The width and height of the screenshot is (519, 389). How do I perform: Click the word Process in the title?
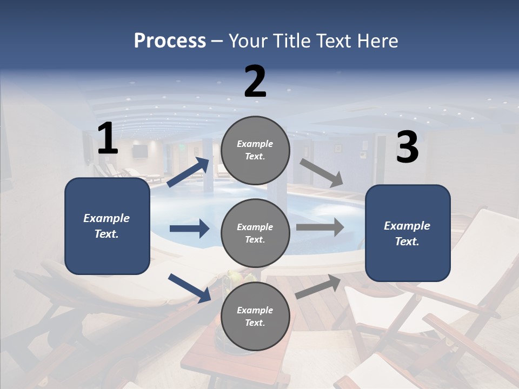pyautogui.click(x=170, y=41)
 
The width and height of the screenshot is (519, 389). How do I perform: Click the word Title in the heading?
pyautogui.click(x=292, y=41)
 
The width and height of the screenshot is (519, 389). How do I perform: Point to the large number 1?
pyautogui.click(x=108, y=139)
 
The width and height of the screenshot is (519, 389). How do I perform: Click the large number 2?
pyautogui.click(x=255, y=82)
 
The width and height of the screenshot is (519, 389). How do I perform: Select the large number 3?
pyautogui.click(x=407, y=147)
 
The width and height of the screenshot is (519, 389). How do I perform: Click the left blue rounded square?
pyautogui.click(x=107, y=226)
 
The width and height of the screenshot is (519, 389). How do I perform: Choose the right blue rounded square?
pyautogui.click(x=408, y=233)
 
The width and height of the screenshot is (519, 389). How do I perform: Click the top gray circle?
pyautogui.click(x=255, y=150)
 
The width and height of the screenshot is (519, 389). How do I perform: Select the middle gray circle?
pyautogui.click(x=255, y=233)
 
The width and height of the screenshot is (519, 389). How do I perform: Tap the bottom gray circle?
pyautogui.click(x=255, y=316)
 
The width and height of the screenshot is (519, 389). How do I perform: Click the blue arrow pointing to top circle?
pyautogui.click(x=188, y=172)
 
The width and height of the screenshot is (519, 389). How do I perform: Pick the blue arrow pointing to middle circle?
pyautogui.click(x=189, y=229)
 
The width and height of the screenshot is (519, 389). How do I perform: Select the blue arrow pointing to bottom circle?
pyautogui.click(x=189, y=288)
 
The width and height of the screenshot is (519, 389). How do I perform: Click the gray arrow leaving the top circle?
pyautogui.click(x=321, y=172)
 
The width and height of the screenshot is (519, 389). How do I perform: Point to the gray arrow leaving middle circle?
pyautogui.click(x=320, y=227)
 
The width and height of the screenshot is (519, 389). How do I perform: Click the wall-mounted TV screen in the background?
pyautogui.click(x=140, y=152)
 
